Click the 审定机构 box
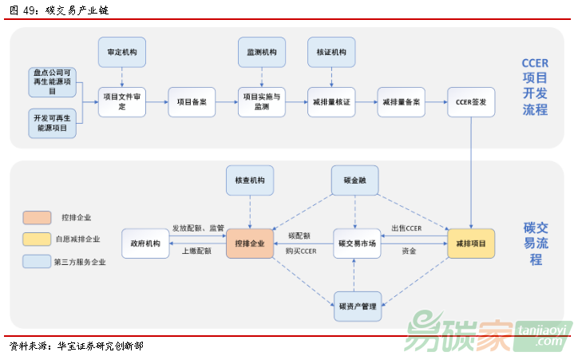point(121,52)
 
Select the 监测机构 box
point(262,52)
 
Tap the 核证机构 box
point(331,52)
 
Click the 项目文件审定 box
point(121,102)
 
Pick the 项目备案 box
point(192,102)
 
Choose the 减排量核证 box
point(331,102)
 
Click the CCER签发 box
point(471,102)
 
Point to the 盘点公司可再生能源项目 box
point(51,82)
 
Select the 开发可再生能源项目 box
point(51,122)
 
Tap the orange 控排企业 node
point(249,243)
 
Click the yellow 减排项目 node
point(471,243)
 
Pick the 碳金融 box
point(355,181)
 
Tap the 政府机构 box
point(145,243)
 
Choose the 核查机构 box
point(249,181)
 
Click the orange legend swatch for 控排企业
point(37,217)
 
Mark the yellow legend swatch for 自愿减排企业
point(37,238)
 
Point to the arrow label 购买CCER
point(301,251)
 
